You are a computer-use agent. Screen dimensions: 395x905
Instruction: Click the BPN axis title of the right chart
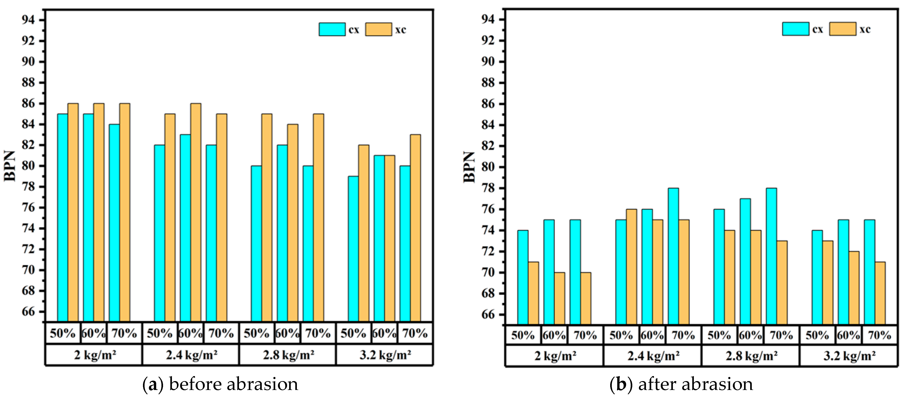tap(469, 167)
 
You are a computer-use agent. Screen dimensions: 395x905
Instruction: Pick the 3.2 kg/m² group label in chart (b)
tap(849, 356)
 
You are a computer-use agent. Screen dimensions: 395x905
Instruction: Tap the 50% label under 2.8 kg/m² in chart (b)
tap(719, 335)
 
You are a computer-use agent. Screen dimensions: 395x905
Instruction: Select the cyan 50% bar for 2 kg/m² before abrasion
tap(62, 218)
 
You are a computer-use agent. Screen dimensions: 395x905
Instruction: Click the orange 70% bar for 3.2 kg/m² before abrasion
tap(415, 228)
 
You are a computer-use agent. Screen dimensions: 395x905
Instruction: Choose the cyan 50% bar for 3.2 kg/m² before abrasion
tap(353, 249)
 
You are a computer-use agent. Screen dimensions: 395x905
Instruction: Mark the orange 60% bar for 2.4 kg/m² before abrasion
tap(196, 212)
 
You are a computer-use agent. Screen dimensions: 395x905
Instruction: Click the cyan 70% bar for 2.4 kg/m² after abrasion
tap(673, 256)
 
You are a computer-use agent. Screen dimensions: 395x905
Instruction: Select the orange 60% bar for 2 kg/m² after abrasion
tap(559, 298)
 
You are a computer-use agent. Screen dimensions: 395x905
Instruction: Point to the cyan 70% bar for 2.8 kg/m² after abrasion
tap(771, 256)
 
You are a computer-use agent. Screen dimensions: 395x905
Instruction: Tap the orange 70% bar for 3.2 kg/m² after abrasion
tap(880, 293)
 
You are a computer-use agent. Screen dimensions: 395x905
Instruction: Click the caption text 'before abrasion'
tap(234, 384)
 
